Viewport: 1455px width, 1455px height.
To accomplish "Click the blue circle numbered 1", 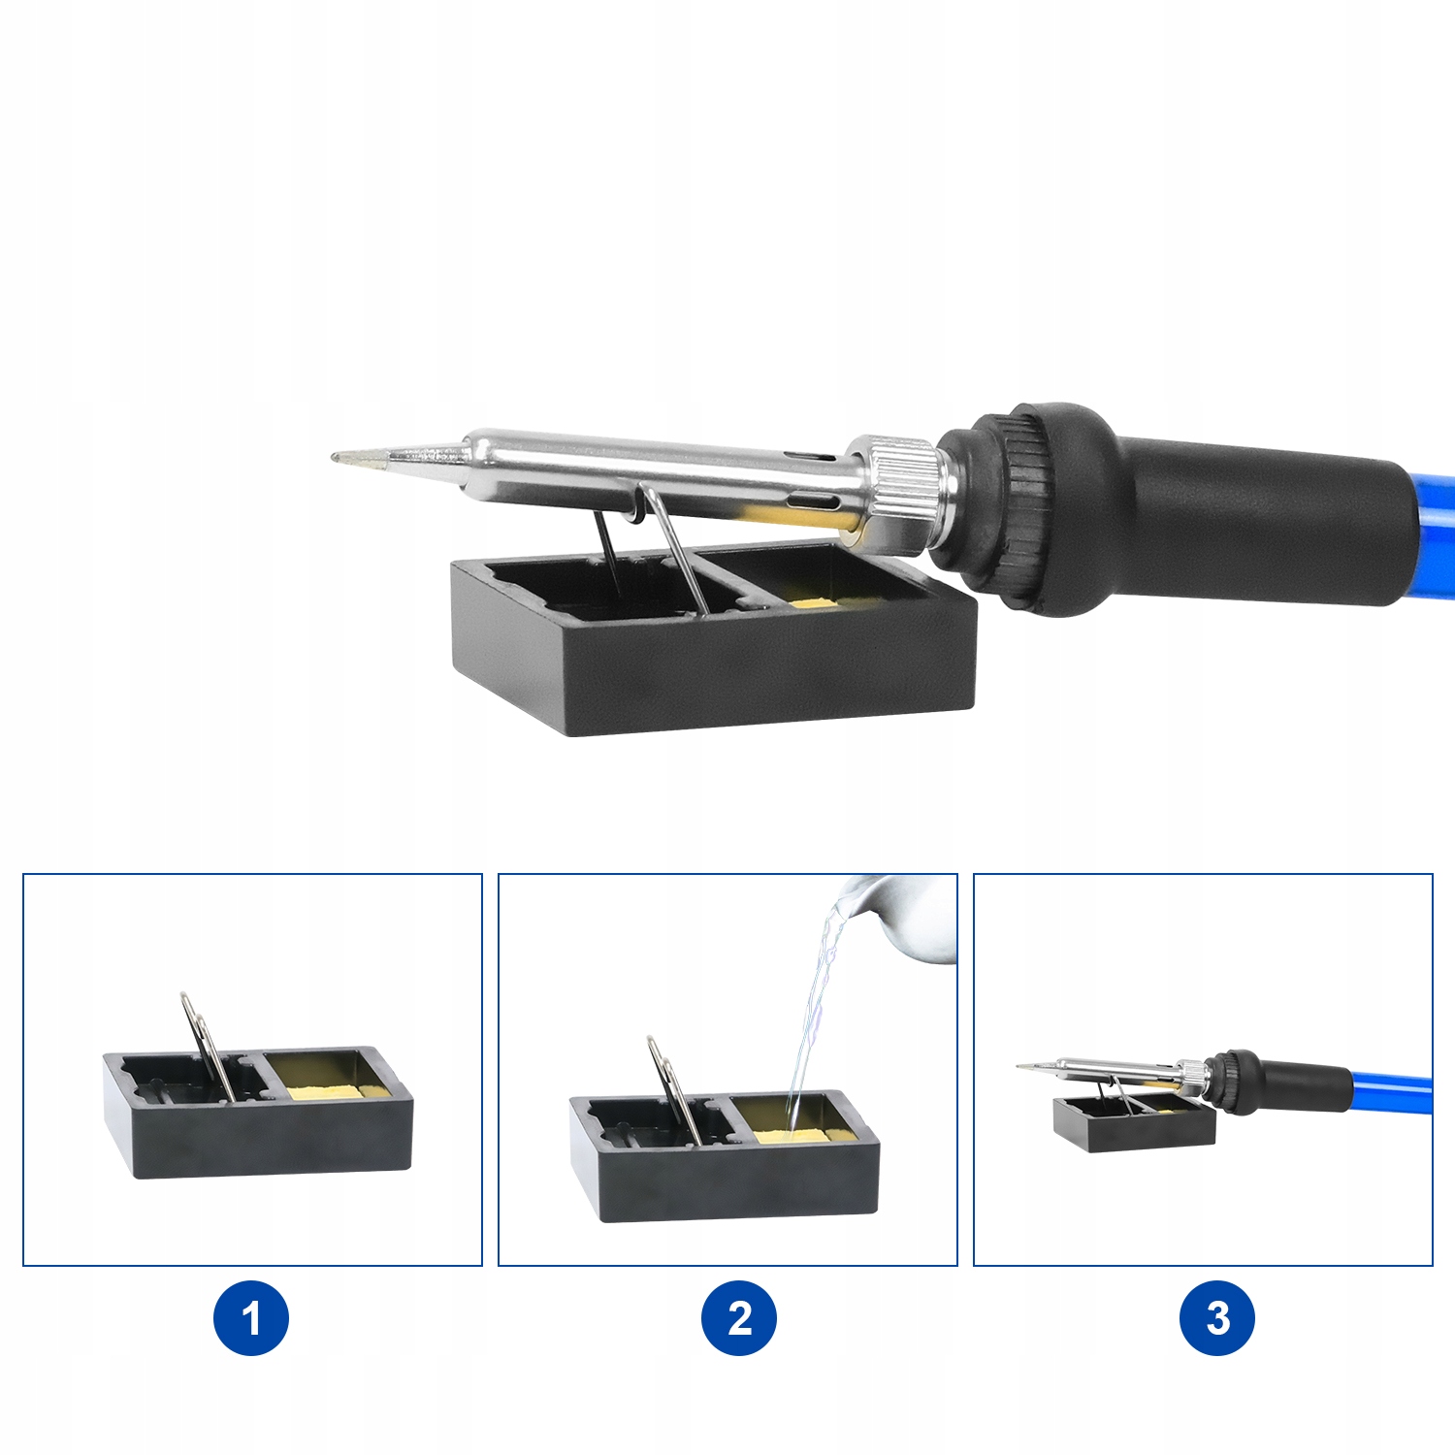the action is click(x=251, y=1318).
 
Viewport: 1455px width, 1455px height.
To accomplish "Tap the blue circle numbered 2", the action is click(x=739, y=1318).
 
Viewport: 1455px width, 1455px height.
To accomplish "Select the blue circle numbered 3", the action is click(x=1217, y=1318).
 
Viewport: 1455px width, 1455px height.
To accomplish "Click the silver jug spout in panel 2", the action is click(x=897, y=917).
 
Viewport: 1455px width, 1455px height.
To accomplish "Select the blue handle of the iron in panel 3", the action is click(x=1391, y=1088).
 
